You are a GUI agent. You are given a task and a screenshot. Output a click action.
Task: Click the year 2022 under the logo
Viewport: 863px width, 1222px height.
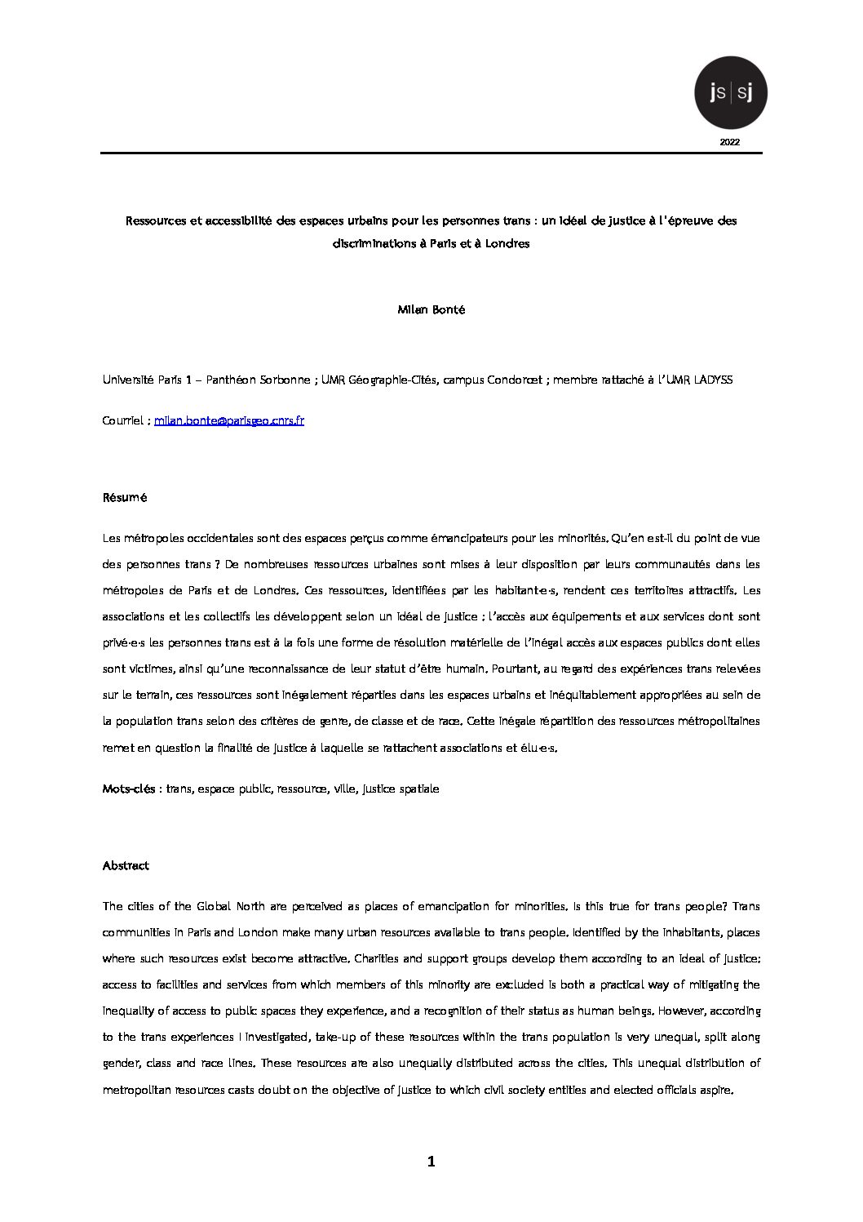[730, 142]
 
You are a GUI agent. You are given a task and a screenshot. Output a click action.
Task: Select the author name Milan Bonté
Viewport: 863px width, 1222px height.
[431, 310]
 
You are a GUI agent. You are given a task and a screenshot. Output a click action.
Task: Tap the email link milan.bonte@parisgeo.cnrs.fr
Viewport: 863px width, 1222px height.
[229, 421]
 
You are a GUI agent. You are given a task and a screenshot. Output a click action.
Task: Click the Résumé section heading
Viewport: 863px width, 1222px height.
[124, 497]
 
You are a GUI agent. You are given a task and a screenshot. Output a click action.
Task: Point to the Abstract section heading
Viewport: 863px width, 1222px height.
[126, 865]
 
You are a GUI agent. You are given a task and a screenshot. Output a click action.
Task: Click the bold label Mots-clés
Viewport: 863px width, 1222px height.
[129, 789]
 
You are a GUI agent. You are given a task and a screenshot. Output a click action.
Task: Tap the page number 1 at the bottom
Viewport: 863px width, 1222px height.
[431, 1162]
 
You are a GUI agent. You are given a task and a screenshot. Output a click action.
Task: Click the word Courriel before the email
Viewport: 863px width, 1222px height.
[125, 421]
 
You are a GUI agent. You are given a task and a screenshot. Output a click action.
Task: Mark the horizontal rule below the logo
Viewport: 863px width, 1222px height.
[431, 153]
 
